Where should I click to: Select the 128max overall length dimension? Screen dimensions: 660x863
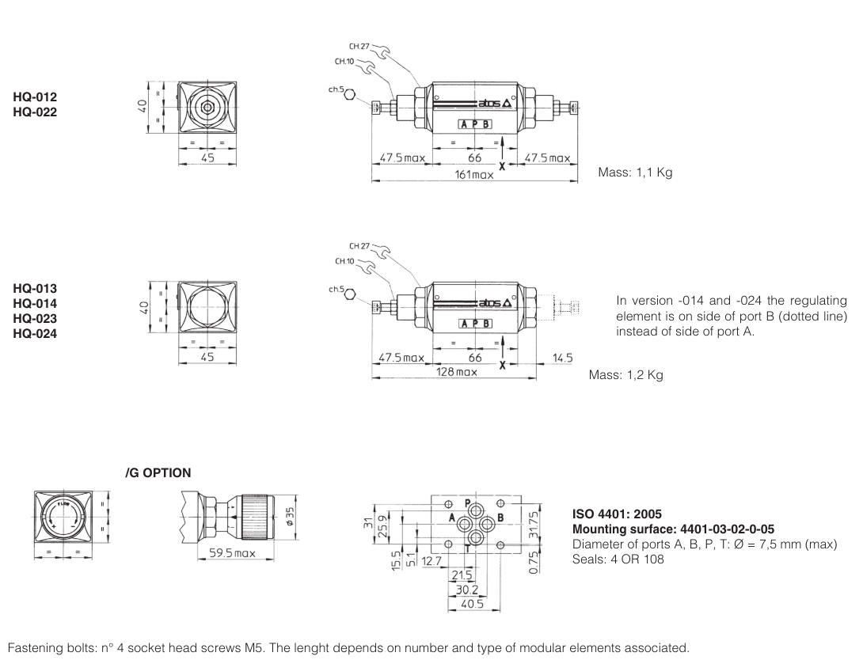(x=457, y=372)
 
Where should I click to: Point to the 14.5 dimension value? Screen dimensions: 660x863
(x=561, y=358)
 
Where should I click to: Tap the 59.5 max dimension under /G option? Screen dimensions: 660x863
(x=231, y=552)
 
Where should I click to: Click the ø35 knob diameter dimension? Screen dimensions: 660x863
(x=290, y=515)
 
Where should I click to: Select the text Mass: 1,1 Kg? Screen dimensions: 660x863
(x=635, y=173)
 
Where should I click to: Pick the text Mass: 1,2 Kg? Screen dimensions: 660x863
(x=625, y=375)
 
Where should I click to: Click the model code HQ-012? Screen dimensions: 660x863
(x=35, y=97)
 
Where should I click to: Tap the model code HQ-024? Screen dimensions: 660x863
(x=35, y=333)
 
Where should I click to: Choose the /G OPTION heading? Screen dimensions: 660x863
(x=158, y=473)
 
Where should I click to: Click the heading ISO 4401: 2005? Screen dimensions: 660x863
(x=617, y=514)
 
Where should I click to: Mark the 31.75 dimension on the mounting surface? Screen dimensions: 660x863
(x=533, y=522)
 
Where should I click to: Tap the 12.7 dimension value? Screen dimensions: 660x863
(x=431, y=561)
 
